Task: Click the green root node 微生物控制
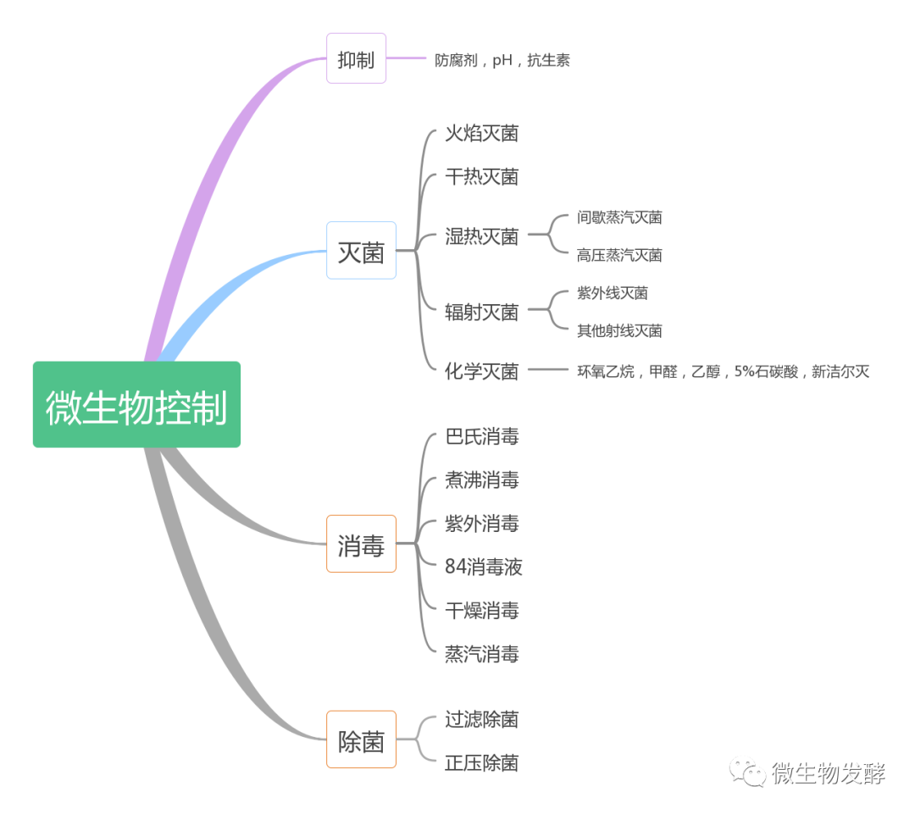click(136, 405)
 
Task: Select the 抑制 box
click(356, 58)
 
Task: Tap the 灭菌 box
click(361, 251)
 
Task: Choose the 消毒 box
click(361, 544)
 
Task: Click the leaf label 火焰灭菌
click(481, 133)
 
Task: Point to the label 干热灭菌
click(481, 176)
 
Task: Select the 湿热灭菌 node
click(481, 236)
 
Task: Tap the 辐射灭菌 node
click(481, 312)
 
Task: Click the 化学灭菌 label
click(481, 371)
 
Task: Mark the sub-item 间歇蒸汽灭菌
click(619, 218)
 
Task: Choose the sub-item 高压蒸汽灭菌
click(619, 255)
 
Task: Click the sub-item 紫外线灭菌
click(613, 293)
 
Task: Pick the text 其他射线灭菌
click(619, 330)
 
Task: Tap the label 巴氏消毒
click(481, 437)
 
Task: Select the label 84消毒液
click(484, 567)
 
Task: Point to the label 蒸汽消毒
click(481, 654)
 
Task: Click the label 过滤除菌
click(481, 720)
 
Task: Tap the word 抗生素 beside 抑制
click(548, 60)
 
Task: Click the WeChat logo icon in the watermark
click(749, 772)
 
